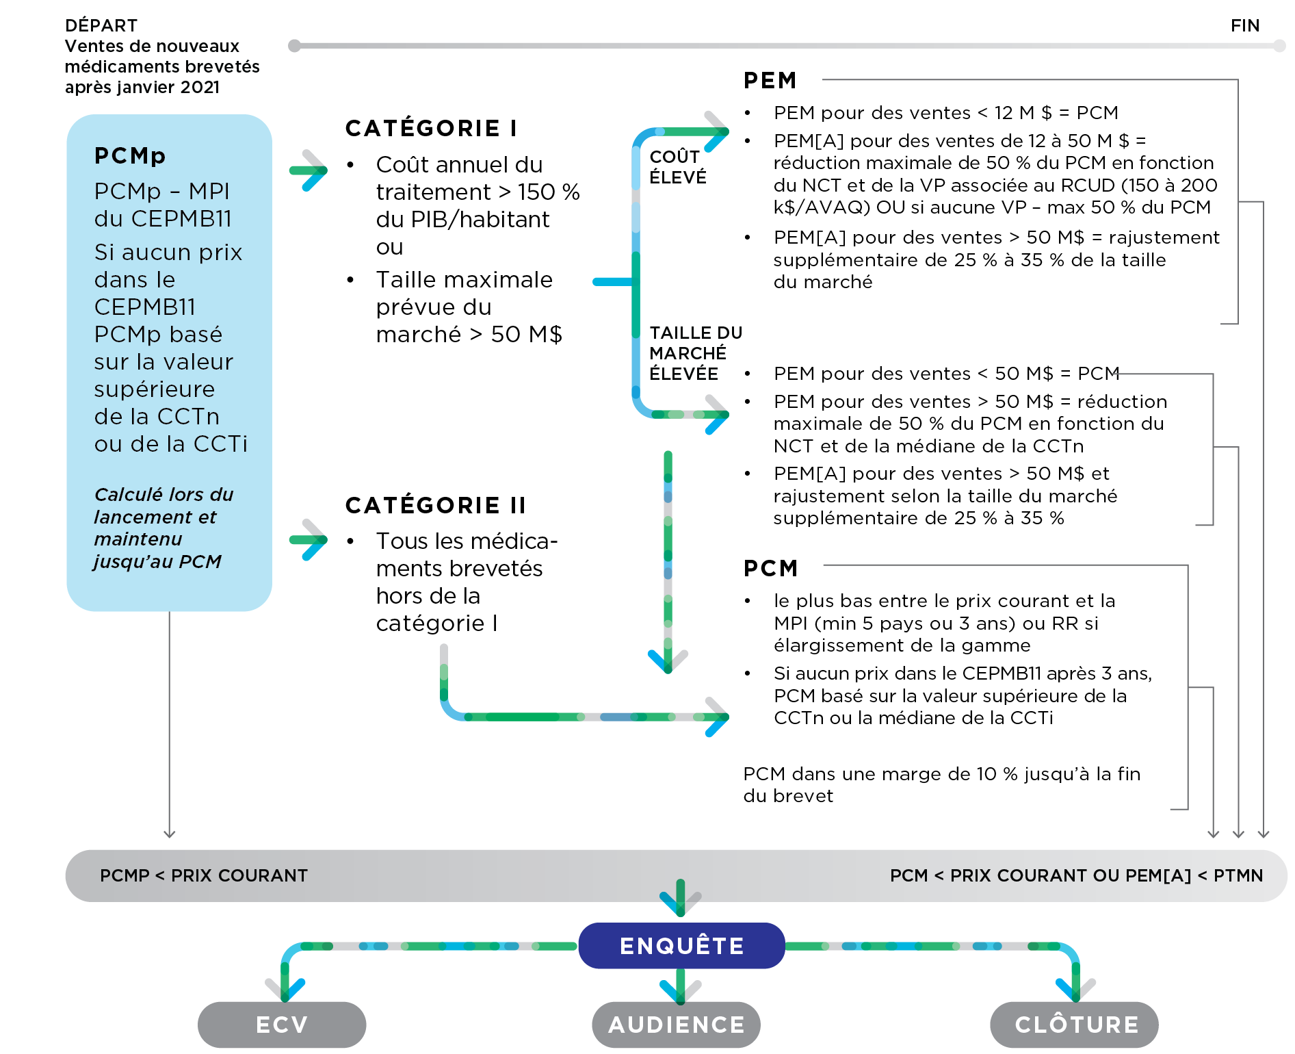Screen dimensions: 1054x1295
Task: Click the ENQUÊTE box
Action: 681,945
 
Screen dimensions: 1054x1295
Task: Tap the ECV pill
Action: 282,1025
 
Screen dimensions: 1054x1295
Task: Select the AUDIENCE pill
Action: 677,1025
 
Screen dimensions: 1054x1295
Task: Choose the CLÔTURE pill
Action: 1075,1025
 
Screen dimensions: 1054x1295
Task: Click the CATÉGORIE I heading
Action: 431,128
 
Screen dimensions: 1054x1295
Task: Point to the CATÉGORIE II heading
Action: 436,505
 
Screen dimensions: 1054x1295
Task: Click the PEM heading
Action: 770,80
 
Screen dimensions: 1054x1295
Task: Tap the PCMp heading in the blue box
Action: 130,155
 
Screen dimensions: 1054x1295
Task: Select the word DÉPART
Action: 101,25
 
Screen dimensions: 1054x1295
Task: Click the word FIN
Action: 1244,25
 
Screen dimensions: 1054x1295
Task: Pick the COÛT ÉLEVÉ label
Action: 677,167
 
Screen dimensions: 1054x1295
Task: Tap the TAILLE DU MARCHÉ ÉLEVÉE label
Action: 694,353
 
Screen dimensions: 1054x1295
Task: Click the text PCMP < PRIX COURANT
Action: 204,875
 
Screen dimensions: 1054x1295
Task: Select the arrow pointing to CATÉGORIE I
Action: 309,170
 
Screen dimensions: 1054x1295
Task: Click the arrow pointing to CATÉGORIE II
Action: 309,540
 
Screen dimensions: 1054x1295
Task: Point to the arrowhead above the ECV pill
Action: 285,986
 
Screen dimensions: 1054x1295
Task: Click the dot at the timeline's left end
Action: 295,46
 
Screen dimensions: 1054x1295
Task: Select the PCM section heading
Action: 770,568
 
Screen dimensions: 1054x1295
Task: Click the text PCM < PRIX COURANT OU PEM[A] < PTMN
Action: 1076,875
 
